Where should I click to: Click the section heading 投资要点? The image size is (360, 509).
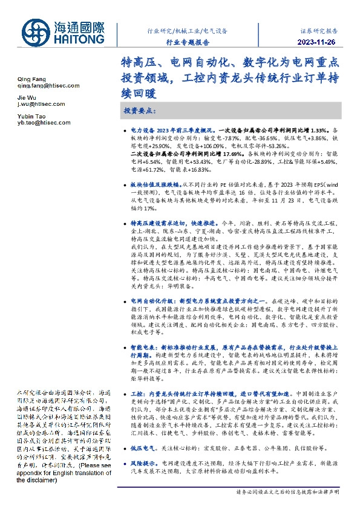[x=140, y=112]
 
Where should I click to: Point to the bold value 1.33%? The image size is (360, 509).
[x=321, y=130]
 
